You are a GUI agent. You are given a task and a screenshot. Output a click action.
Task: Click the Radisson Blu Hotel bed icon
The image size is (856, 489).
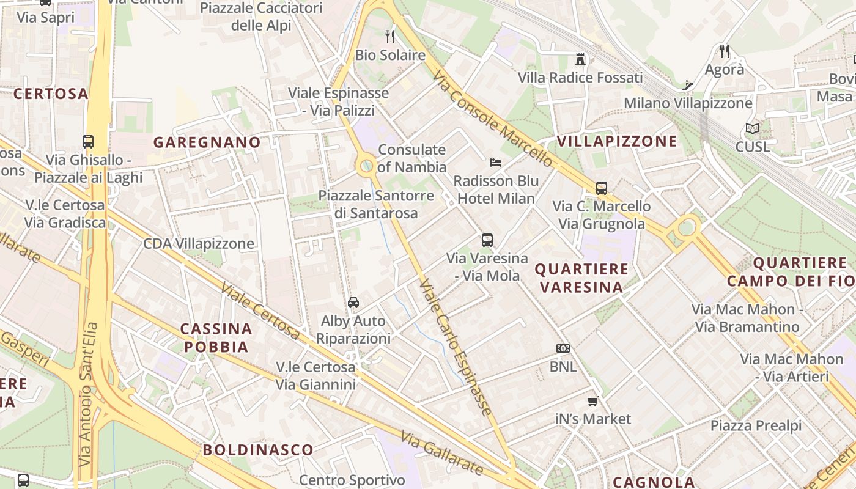[x=496, y=162]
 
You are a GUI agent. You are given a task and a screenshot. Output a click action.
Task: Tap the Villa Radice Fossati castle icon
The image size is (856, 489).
[x=580, y=59]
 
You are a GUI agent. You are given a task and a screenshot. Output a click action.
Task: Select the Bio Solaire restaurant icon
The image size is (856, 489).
[x=390, y=37]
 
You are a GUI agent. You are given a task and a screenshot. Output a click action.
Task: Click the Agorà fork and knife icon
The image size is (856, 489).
[x=725, y=51]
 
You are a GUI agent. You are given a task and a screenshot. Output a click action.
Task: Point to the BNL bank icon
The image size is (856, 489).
[x=563, y=348]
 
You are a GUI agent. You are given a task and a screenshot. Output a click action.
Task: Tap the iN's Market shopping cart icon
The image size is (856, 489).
[x=592, y=402]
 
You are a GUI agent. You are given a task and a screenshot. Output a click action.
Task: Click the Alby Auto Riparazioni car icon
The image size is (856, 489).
[x=353, y=302]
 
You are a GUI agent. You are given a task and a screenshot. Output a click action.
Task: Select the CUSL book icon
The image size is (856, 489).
[x=752, y=129]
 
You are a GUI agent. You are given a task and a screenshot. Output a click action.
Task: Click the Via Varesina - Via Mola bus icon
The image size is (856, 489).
[x=487, y=240]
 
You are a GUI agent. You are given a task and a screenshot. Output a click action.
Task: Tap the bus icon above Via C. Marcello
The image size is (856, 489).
[x=602, y=188]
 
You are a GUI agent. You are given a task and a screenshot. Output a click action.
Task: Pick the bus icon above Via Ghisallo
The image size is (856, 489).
[x=88, y=142]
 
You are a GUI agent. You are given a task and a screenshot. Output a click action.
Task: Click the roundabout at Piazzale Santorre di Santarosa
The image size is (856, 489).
[x=366, y=166]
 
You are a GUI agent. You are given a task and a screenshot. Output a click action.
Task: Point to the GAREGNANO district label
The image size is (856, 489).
[x=207, y=142]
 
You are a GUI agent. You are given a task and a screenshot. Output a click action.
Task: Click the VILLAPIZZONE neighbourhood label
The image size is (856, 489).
[x=617, y=141]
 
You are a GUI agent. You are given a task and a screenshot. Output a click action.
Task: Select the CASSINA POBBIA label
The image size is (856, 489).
[x=216, y=338]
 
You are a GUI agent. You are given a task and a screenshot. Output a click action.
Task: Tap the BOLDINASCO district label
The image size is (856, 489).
[x=258, y=450]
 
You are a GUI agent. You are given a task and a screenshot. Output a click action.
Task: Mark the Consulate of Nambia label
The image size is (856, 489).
[x=412, y=158]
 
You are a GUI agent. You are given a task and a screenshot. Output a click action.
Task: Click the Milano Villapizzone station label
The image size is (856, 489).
[x=688, y=103]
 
